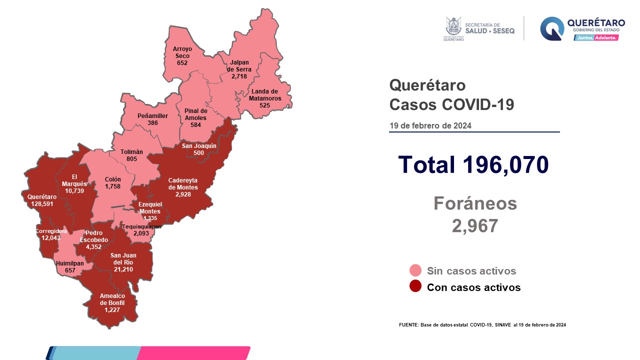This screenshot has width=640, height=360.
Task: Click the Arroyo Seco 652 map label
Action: coord(181,56)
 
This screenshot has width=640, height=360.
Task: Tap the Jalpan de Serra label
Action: coord(240,69)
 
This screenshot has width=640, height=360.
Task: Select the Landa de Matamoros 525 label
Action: coord(264,95)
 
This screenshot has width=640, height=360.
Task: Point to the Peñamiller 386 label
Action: coord(152,119)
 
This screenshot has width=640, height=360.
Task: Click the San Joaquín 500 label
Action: coord(198,149)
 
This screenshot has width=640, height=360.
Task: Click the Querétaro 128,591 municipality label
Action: coord(42,200)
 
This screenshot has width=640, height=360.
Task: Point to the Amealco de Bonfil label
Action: coord(112,303)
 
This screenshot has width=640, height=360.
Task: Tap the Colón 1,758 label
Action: coord(113,182)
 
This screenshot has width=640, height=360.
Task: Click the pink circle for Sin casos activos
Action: coord(415,271)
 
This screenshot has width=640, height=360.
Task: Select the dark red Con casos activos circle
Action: coord(415,287)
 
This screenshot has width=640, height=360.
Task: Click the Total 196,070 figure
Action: coord(473,164)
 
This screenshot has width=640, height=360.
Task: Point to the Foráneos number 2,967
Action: coord(474,225)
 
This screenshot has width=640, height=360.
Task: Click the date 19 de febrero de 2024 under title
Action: coord(430,125)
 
